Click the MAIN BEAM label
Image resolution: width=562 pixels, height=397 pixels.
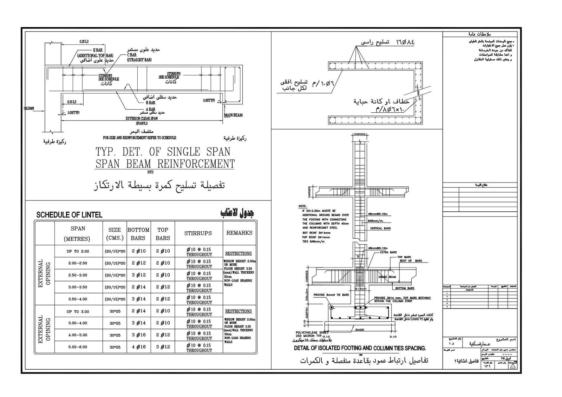(x=233, y=115)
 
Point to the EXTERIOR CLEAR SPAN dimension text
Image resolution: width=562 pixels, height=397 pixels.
(x=142, y=119)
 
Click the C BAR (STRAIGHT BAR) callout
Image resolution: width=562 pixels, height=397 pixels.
(x=139, y=58)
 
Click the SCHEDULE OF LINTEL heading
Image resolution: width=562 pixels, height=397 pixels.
(x=70, y=215)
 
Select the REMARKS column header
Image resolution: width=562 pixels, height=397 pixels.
(x=239, y=233)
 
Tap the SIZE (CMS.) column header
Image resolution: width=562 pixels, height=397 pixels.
(x=115, y=234)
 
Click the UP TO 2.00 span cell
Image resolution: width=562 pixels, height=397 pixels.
(x=78, y=251)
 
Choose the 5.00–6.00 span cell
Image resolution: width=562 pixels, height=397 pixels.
(x=78, y=347)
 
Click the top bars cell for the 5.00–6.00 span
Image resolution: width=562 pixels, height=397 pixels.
(x=163, y=347)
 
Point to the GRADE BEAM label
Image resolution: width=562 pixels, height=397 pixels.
(x=387, y=277)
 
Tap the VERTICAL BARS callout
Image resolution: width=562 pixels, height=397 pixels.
(x=380, y=229)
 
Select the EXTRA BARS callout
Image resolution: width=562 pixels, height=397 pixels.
(x=388, y=252)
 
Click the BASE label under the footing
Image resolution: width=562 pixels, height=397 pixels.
(x=360, y=330)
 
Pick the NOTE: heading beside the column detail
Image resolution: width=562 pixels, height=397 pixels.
(x=302, y=206)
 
